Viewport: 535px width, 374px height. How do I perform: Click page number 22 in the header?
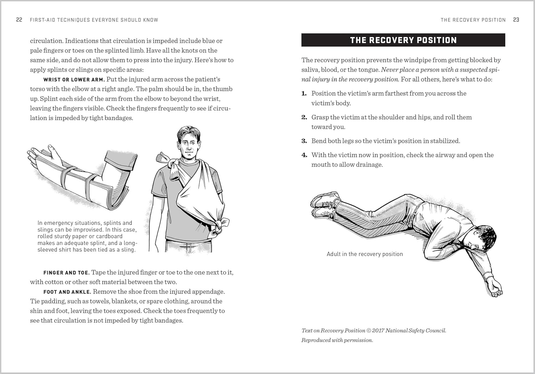tap(19, 20)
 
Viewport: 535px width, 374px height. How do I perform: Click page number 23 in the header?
tap(516, 20)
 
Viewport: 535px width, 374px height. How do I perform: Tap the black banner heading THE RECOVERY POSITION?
tap(403, 40)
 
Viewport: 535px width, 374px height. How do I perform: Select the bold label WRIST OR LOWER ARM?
tap(74, 80)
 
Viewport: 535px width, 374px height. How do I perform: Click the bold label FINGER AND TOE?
tap(66, 273)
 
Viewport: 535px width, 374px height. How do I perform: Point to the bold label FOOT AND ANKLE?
tap(67, 292)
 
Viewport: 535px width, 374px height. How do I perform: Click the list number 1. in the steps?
tap(304, 94)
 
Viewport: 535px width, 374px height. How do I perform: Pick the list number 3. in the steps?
tap(304, 141)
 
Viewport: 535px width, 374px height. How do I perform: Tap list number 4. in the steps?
tap(304, 155)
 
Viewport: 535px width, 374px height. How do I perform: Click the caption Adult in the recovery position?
tap(365, 254)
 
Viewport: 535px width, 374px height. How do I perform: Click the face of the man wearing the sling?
tap(189, 144)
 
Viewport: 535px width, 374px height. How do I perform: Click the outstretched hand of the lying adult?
tap(496, 289)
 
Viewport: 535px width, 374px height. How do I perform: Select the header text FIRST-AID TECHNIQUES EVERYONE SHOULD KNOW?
tap(94, 20)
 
